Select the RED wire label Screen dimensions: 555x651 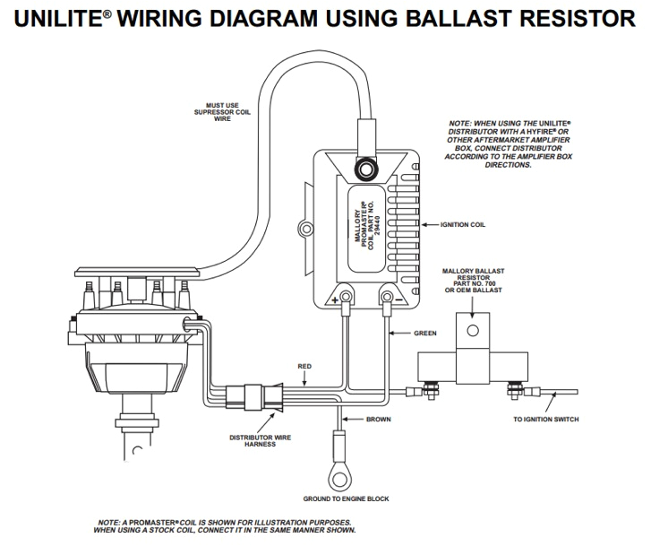pyautogui.click(x=305, y=367)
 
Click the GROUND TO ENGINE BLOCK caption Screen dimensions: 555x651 pyautogui.click(x=346, y=499)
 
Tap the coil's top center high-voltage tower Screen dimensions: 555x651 pyautogui.click(x=364, y=169)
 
